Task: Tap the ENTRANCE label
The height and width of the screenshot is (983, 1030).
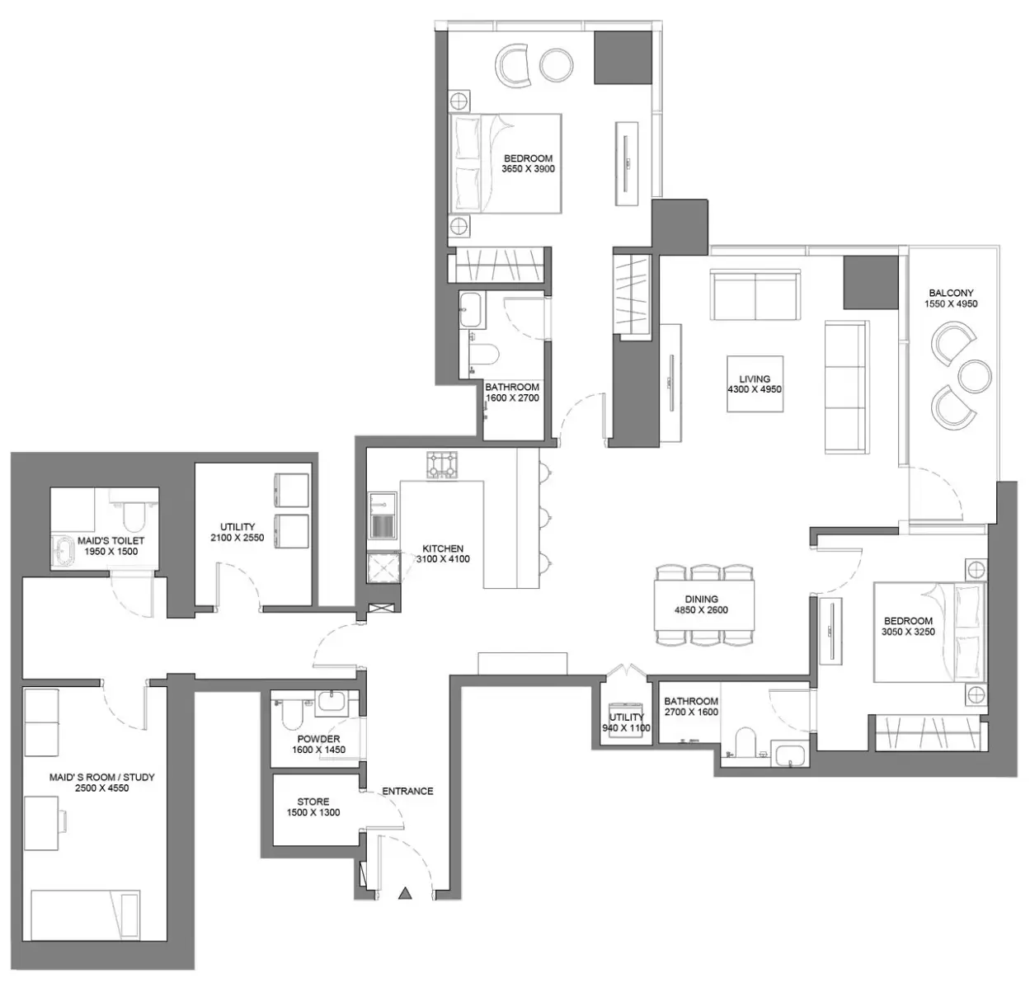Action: click(x=407, y=791)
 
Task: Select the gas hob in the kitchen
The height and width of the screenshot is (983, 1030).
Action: click(x=442, y=465)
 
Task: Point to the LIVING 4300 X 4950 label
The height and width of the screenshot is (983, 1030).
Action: click(x=755, y=384)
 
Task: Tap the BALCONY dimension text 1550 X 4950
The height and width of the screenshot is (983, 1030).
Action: click(x=951, y=304)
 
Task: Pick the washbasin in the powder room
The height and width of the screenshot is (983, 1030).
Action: click(x=332, y=702)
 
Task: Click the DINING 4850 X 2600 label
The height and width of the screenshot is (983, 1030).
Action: click(x=701, y=604)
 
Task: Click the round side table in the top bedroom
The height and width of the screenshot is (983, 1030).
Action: click(x=557, y=65)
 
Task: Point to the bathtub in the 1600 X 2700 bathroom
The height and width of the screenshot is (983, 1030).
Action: click(x=473, y=310)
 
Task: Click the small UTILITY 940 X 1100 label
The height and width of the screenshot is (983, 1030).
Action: click(x=627, y=722)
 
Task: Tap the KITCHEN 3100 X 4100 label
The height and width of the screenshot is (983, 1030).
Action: click(x=443, y=554)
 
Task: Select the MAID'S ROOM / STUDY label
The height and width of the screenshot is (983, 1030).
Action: click(x=102, y=777)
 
